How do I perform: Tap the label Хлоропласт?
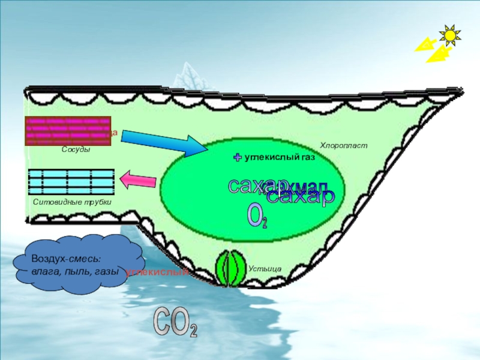pos(343,145)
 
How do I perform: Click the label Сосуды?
pos(76,149)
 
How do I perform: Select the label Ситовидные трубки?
pos(73,202)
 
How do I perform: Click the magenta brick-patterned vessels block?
pos(67,131)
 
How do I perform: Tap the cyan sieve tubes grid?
pos(71,182)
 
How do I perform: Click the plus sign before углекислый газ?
pos(238,157)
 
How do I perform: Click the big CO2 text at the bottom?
pos(175,323)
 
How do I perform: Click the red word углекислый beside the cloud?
pos(157,272)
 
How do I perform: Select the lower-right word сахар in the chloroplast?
pos(300,198)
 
